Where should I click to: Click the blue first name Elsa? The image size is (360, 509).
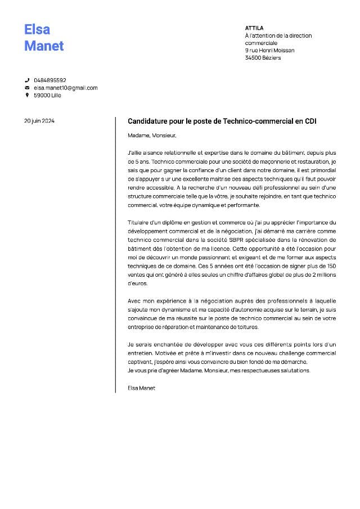(37, 30)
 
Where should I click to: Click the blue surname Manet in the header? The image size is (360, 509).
(44, 46)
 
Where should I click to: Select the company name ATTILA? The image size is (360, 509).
(254, 28)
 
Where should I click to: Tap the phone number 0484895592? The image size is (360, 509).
(50, 80)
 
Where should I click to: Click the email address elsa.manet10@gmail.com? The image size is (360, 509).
(66, 88)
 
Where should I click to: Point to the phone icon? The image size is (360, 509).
(26, 80)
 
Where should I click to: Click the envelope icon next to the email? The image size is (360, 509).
(26, 88)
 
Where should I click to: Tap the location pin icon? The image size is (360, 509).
(26, 95)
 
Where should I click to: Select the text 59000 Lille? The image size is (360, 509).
(48, 95)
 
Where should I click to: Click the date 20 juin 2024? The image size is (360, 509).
(39, 121)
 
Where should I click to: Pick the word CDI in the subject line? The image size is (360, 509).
(311, 121)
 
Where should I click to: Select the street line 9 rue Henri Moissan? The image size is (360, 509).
(269, 50)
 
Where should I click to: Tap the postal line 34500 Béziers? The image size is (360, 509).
(263, 58)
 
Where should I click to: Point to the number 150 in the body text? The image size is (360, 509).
(331, 265)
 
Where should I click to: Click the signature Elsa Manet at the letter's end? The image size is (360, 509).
(141, 388)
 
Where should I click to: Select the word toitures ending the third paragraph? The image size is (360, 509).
(246, 327)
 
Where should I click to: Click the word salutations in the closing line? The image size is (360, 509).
(295, 371)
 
